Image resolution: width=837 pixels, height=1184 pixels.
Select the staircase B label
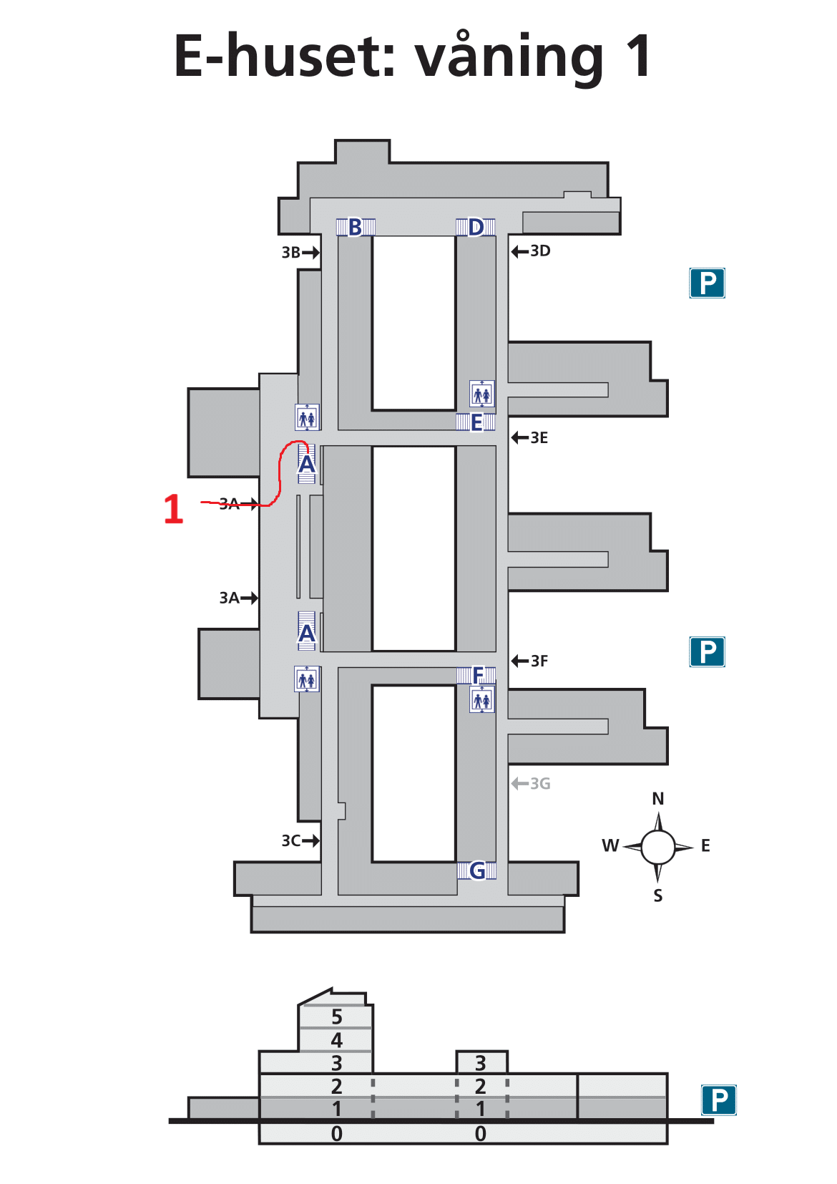point(355,228)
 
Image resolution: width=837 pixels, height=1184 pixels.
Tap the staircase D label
point(476,228)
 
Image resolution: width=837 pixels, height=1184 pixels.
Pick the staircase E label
point(476,423)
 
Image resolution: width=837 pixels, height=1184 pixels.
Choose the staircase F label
point(479,674)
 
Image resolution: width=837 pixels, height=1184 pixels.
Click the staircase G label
point(477,870)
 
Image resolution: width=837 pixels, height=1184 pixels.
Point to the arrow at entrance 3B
point(310,252)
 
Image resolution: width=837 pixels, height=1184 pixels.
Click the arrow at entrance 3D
point(519,251)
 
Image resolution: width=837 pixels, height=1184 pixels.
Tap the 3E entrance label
point(539,438)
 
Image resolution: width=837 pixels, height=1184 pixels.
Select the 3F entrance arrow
point(519,661)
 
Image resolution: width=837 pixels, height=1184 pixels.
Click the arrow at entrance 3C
point(310,840)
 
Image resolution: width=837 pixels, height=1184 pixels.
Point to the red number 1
point(173,510)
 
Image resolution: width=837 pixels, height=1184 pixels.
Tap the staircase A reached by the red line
point(307,465)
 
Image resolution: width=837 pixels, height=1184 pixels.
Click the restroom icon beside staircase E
point(482,394)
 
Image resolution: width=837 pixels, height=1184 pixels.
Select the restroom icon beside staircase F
point(482,699)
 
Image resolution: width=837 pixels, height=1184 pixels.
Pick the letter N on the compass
point(658,799)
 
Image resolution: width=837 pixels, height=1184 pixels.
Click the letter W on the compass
point(610,846)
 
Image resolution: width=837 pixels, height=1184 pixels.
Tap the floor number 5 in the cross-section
point(337,1016)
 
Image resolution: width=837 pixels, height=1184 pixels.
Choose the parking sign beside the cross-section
point(718,1100)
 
